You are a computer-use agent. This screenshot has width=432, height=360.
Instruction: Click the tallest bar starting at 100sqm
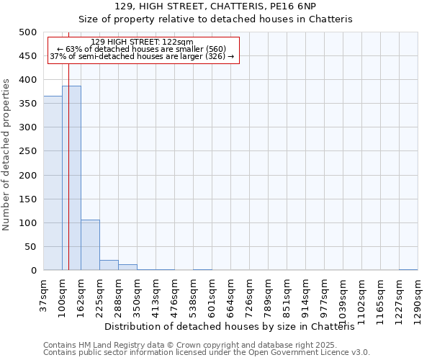tap(71, 178)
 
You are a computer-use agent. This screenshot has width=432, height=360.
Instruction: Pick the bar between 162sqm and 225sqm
tap(90, 245)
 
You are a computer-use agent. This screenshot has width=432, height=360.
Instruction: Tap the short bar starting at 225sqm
tap(109, 265)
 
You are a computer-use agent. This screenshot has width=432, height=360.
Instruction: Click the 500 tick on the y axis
tap(28, 32)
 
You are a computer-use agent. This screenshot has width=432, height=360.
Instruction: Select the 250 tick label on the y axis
tap(28, 151)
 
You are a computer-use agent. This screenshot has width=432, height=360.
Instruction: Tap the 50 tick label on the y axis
tap(31, 247)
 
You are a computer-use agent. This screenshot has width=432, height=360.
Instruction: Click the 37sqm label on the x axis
tap(43, 294)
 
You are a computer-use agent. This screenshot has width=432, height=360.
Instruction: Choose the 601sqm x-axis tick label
tap(212, 296)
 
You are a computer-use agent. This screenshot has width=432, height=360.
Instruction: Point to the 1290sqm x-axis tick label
tap(418, 298)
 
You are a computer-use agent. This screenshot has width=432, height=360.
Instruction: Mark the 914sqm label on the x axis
tap(305, 296)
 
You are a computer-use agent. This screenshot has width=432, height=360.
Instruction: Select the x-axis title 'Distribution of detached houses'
tap(235, 326)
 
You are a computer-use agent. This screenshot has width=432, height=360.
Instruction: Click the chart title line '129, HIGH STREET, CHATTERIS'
tap(215, 6)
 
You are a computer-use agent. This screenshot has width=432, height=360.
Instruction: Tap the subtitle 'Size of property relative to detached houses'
tap(215, 19)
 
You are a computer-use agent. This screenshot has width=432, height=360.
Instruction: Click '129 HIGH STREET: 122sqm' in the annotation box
tap(143, 42)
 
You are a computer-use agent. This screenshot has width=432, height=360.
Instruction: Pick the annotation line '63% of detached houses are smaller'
tap(143, 49)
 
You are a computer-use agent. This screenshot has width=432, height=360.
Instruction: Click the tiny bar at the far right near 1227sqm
tap(408, 269)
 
